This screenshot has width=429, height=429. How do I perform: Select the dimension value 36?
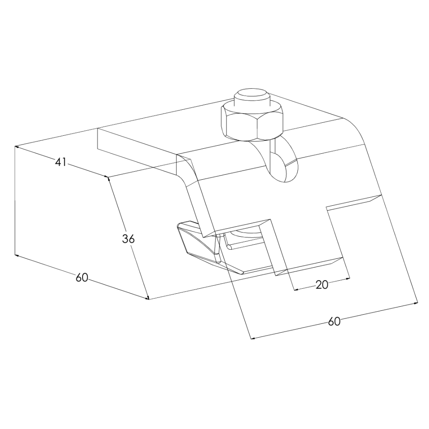click(128, 239)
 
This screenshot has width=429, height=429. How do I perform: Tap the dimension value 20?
click(322, 285)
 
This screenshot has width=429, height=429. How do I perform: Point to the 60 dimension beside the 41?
click(82, 277)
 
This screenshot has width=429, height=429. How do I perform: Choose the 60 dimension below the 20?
click(334, 321)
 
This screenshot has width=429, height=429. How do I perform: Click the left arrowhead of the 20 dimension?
click(295, 289)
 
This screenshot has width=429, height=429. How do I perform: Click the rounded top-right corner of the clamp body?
click(356, 126)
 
